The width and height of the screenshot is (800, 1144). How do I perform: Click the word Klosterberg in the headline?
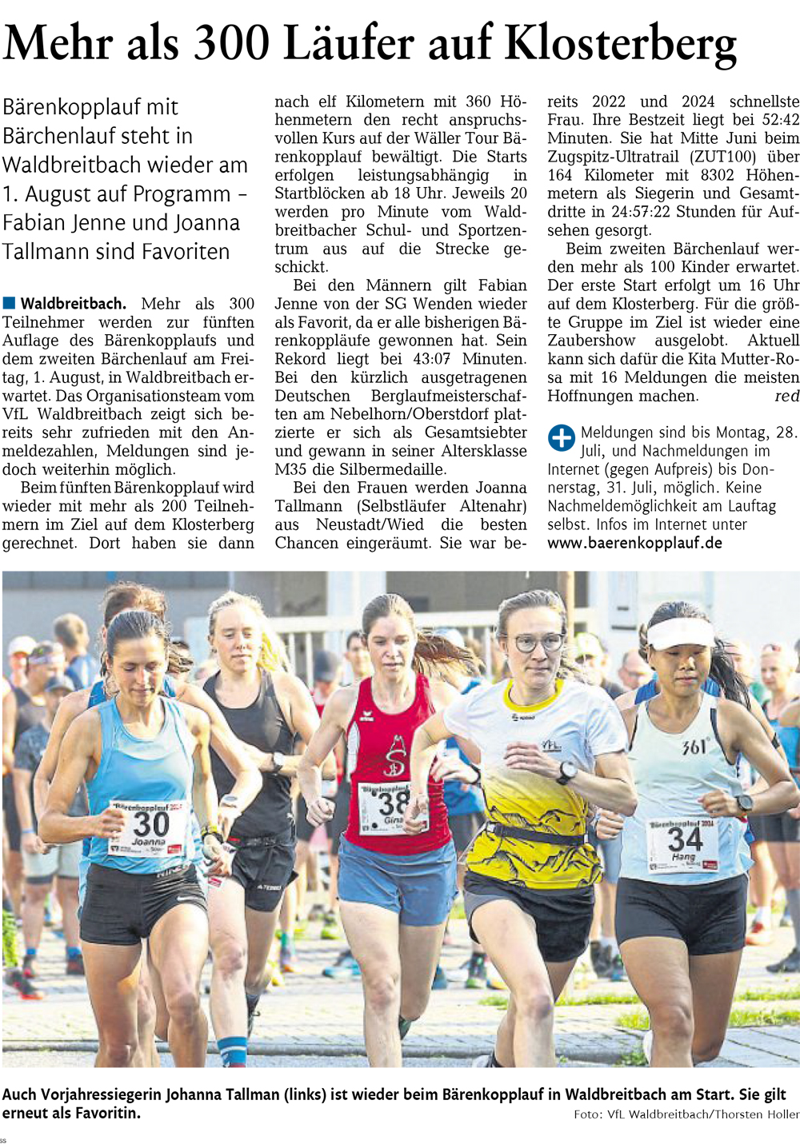point(621,44)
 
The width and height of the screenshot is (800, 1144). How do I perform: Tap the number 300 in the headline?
point(233,44)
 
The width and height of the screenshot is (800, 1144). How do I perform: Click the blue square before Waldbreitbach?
point(10,303)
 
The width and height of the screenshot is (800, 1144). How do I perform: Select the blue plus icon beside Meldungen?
point(561,437)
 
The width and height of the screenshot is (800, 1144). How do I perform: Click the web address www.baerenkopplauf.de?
point(634,543)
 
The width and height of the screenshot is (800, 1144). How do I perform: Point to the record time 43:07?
point(430,359)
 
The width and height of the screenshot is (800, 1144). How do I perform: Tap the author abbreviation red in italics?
point(787,397)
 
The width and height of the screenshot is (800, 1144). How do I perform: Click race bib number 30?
point(150,823)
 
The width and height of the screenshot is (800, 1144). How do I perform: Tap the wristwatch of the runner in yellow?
point(566,772)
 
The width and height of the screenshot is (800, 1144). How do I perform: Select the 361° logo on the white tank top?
point(694,747)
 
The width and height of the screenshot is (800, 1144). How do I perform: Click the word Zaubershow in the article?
point(591,341)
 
